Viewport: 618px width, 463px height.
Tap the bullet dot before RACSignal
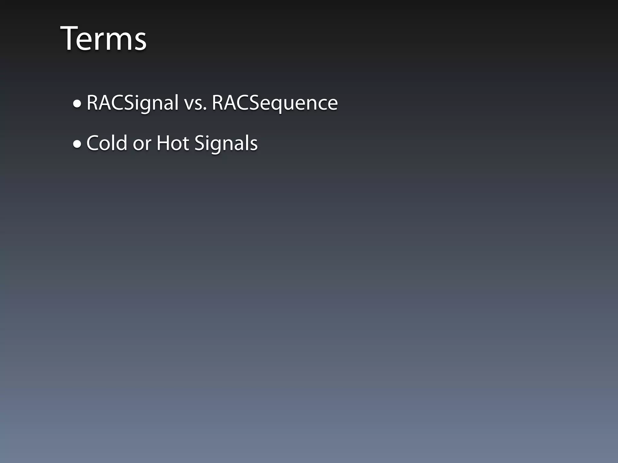tap(77, 104)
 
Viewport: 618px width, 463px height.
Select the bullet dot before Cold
tap(77, 144)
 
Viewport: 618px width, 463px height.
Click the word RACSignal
tap(132, 103)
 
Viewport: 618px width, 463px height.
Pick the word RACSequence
tap(275, 103)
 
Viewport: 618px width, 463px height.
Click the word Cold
tap(107, 143)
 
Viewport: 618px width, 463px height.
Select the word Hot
tap(172, 143)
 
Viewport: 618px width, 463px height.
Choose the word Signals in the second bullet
tap(226, 143)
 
